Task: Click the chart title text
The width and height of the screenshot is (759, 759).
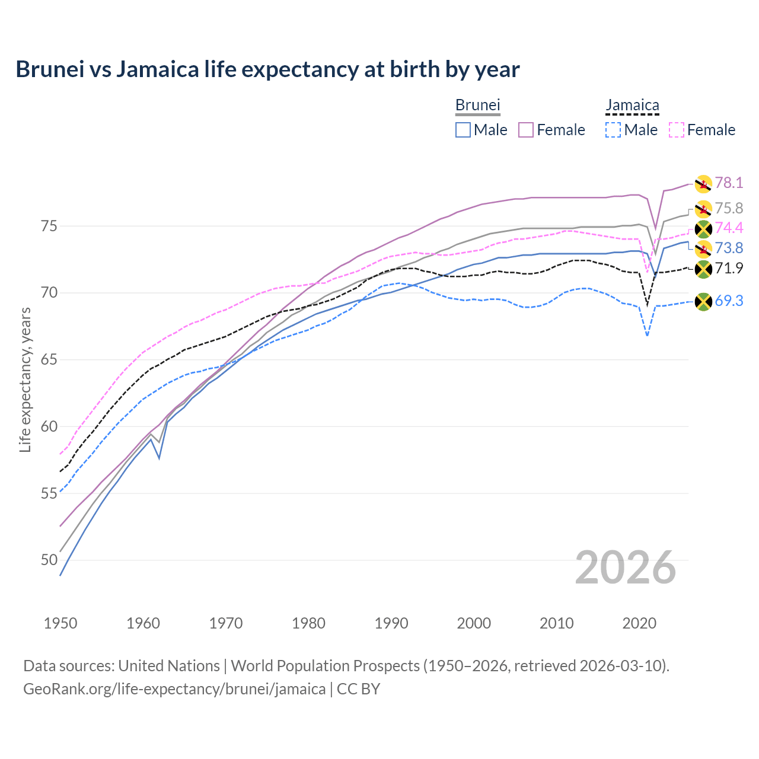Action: click(x=267, y=69)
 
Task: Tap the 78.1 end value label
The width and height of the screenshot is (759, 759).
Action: click(x=729, y=183)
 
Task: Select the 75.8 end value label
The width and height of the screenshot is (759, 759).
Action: click(x=729, y=208)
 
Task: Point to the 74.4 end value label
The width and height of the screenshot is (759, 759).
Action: click(x=729, y=228)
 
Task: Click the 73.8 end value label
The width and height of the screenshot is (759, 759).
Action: click(x=729, y=248)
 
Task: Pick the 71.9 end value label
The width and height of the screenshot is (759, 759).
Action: click(x=729, y=269)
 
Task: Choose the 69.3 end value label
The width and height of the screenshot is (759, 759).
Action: click(x=729, y=301)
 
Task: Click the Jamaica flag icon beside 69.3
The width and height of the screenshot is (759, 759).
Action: click(x=703, y=302)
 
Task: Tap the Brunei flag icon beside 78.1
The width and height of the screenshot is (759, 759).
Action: click(x=703, y=184)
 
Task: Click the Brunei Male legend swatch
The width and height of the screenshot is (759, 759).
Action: click(x=463, y=130)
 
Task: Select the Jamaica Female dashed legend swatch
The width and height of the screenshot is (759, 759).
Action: click(x=677, y=130)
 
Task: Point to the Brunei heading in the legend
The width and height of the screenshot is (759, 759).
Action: click(x=477, y=105)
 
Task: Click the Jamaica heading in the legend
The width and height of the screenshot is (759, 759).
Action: click(x=632, y=106)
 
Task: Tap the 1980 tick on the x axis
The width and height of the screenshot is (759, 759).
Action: click(x=308, y=623)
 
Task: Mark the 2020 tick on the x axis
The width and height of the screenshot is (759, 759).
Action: click(x=639, y=623)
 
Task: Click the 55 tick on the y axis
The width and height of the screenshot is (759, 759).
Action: click(x=50, y=493)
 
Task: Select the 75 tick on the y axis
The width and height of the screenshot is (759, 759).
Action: click(x=50, y=226)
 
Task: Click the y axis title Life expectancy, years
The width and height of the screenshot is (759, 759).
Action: click(x=25, y=379)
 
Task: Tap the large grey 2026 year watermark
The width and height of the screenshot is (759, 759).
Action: click(x=626, y=567)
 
